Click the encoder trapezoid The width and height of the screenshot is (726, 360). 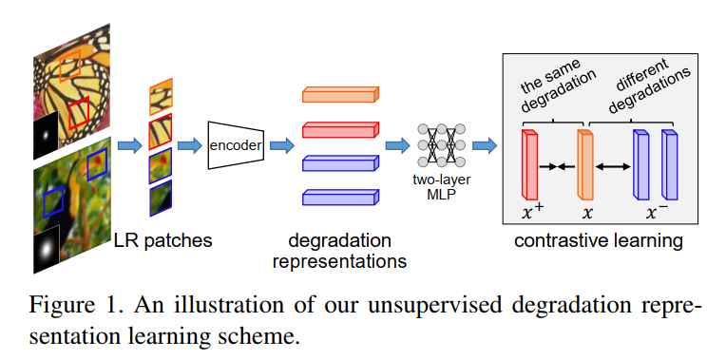pyautogui.click(x=234, y=145)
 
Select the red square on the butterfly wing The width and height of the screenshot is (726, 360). pyautogui.click(x=79, y=112)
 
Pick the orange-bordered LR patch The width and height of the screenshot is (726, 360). pyautogui.click(x=160, y=96)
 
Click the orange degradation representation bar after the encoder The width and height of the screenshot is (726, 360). pyautogui.click(x=339, y=94)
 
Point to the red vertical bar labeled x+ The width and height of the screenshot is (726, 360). pyautogui.click(x=529, y=165)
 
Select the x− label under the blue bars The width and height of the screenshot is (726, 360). pyautogui.click(x=657, y=212)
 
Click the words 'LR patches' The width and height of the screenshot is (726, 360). pyautogui.click(x=162, y=240)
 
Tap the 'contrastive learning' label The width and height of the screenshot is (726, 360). pyautogui.click(x=598, y=240)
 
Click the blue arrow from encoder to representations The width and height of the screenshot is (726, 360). pyautogui.click(x=282, y=145)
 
